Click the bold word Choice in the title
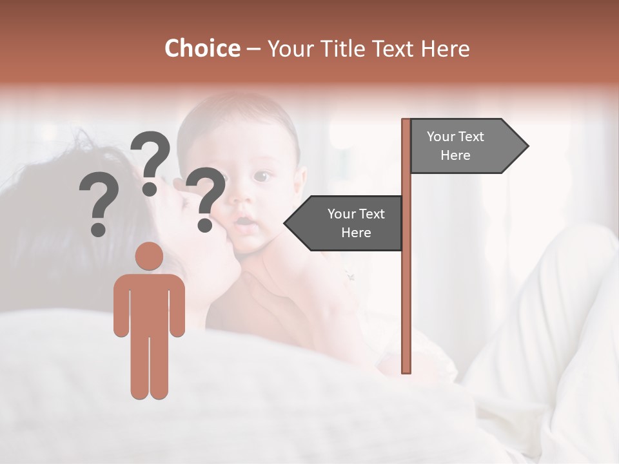(x=202, y=48)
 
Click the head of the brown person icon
(x=150, y=256)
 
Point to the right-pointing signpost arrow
(x=467, y=146)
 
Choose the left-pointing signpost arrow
(x=345, y=223)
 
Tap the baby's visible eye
(x=261, y=175)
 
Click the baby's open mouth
(x=242, y=223)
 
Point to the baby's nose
(x=242, y=202)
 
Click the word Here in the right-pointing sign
(x=455, y=155)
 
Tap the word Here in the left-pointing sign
(x=356, y=233)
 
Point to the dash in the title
(x=253, y=48)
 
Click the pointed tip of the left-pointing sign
(x=286, y=223)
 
